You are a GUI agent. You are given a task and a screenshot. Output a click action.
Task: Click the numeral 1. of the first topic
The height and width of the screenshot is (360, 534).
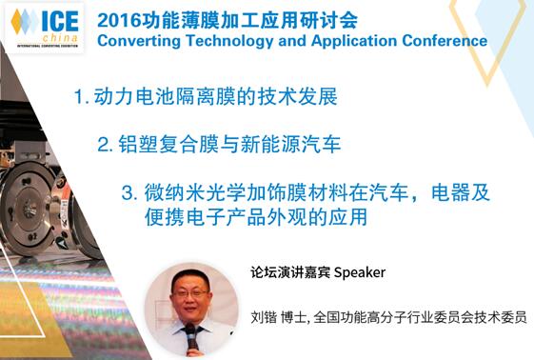point(81,97)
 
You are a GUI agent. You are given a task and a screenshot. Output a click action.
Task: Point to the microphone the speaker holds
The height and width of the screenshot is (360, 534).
point(190,335)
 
